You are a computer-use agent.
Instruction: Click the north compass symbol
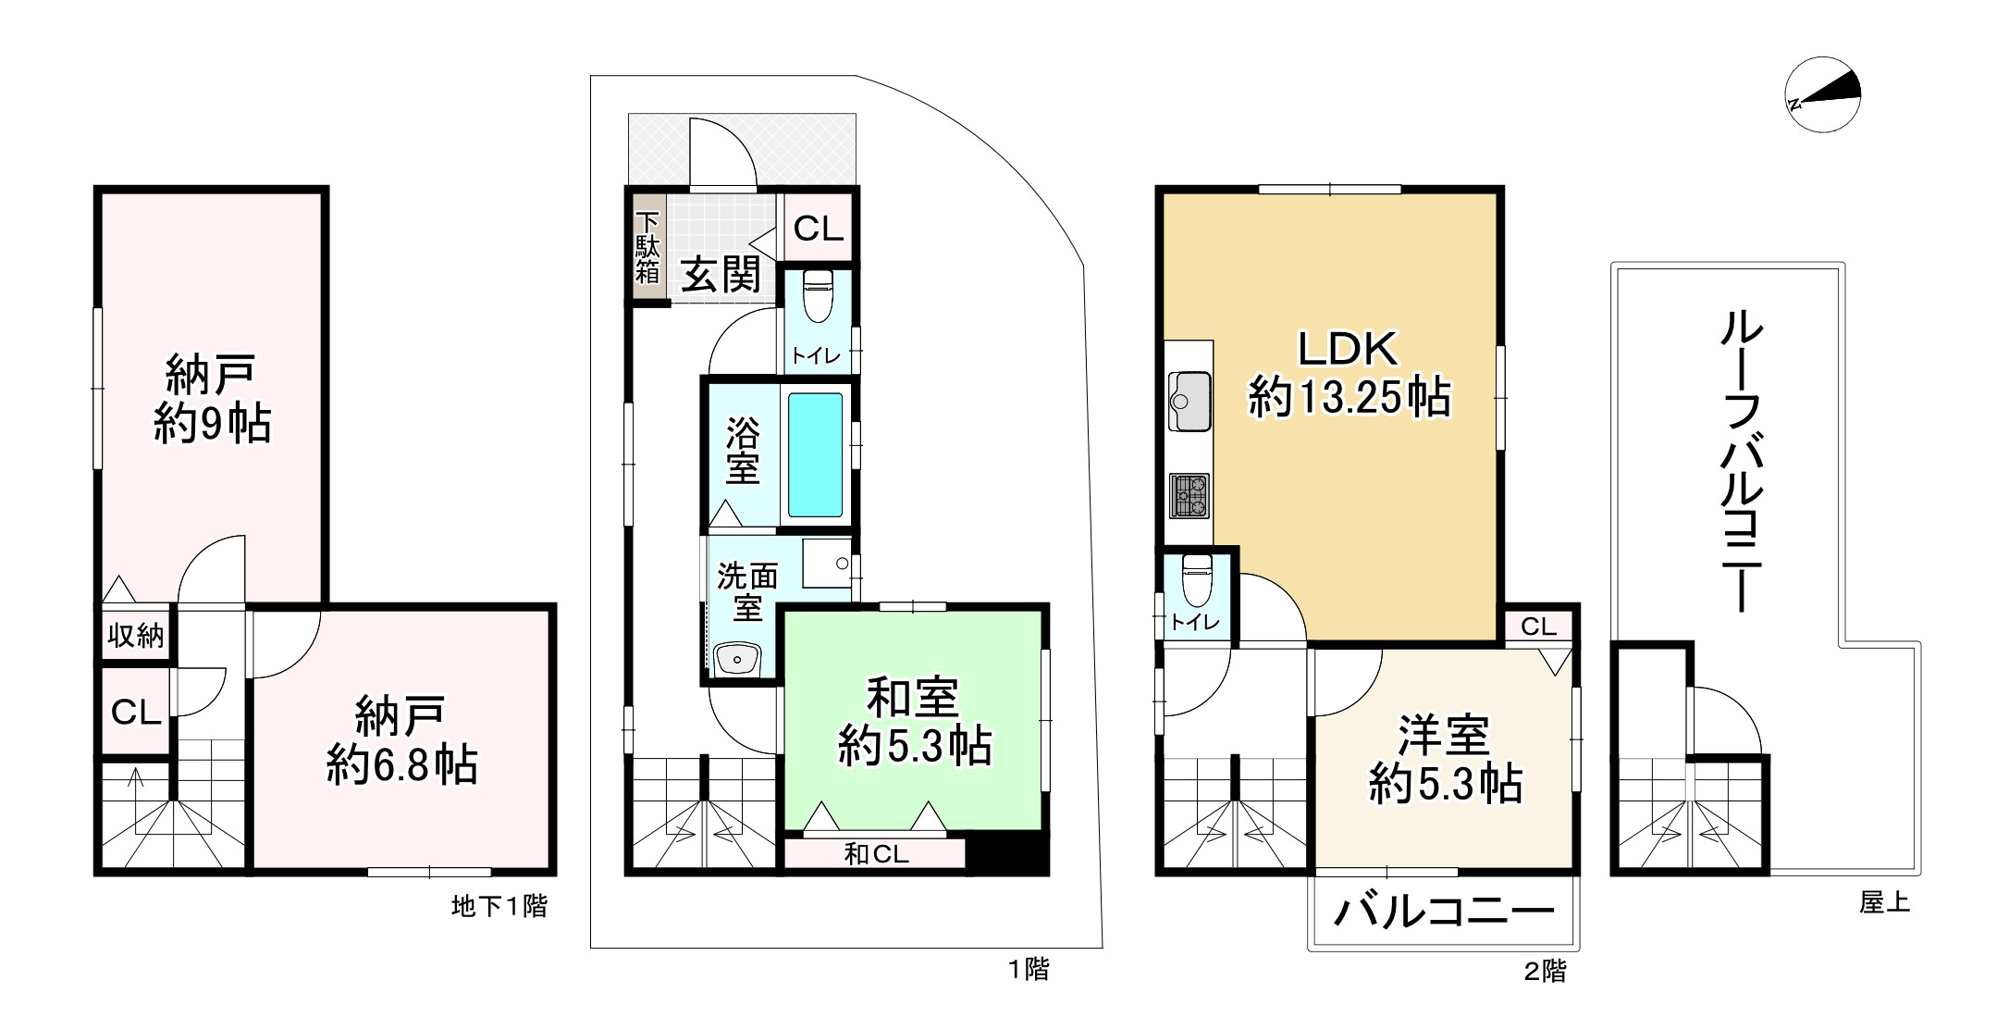(1822, 95)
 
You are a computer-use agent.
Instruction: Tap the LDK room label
(1348, 349)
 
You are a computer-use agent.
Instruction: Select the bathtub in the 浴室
(815, 454)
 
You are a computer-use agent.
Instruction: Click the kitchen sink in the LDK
(1189, 402)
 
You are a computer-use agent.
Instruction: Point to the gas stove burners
(1189, 495)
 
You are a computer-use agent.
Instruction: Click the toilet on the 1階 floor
(818, 295)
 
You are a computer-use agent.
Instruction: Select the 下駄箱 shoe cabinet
(647, 248)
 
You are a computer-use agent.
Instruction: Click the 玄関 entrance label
(721, 275)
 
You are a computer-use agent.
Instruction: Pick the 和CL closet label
(875, 853)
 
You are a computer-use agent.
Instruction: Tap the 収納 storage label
(135, 635)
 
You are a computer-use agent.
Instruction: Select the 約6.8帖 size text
(401, 765)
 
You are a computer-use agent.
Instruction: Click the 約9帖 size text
(212, 423)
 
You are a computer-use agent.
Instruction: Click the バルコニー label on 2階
(1443, 912)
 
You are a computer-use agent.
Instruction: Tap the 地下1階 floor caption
(499, 906)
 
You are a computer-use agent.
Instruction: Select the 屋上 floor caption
(1884, 902)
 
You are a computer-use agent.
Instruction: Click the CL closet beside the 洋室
(1538, 627)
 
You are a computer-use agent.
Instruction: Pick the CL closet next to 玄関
(819, 228)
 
